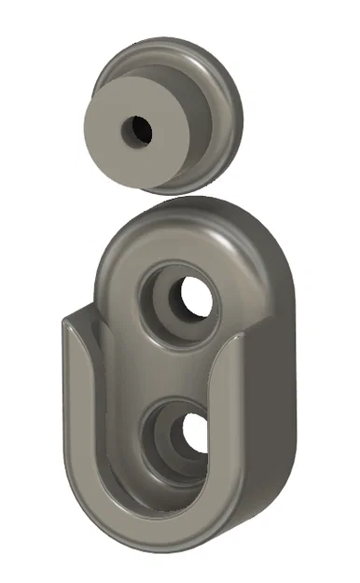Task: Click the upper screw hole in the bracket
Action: [198, 298]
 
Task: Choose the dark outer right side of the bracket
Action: [275, 401]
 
